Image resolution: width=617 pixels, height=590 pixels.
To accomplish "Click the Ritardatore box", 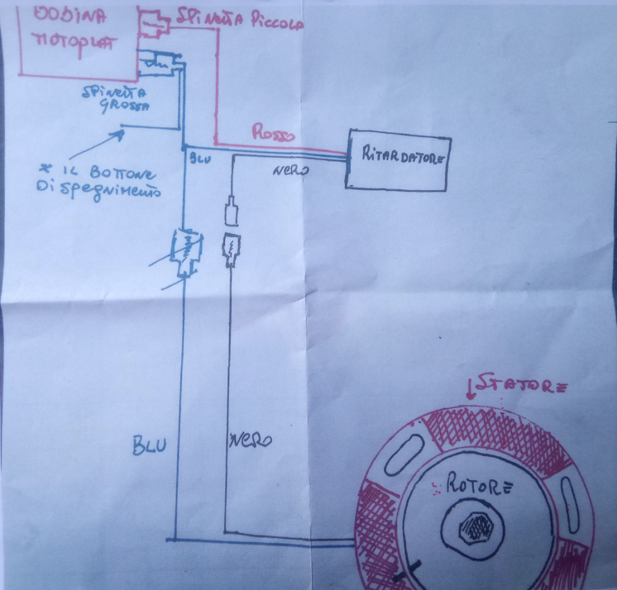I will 399,159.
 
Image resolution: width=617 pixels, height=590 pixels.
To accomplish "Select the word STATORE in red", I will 520,386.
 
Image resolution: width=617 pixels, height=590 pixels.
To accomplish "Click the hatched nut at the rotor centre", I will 476,527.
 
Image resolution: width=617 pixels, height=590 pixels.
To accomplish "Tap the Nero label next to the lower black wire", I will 251,440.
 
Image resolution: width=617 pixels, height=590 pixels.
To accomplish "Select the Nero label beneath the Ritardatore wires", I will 289,169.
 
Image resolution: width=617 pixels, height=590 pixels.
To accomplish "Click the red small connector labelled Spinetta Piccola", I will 153,23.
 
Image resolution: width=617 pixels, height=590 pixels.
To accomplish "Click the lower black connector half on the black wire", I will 231,250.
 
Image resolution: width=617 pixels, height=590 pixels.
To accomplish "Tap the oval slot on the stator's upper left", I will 404,454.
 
